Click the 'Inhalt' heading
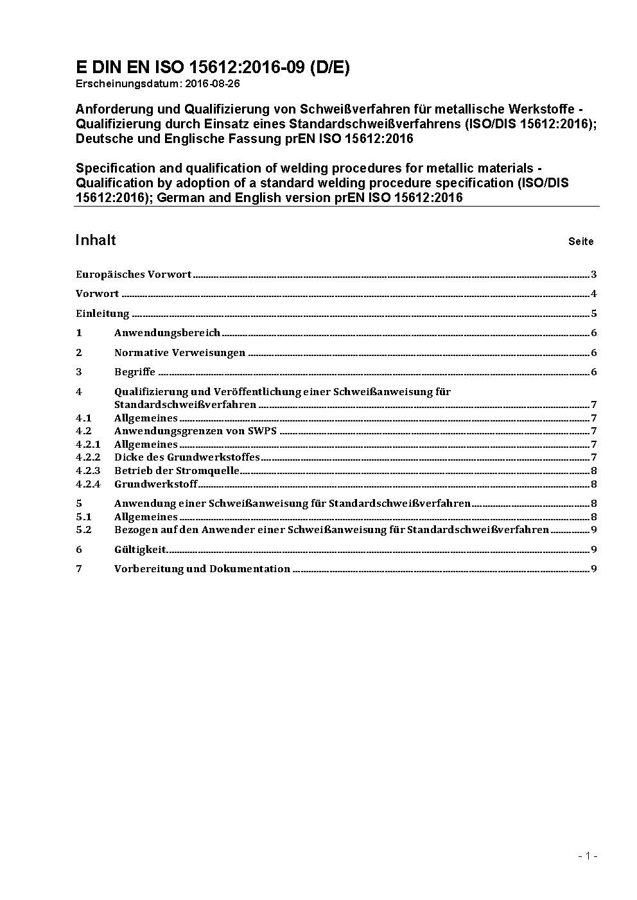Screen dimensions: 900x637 (96, 240)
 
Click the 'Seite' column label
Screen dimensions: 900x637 (580, 242)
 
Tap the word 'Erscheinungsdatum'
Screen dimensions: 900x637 (129, 83)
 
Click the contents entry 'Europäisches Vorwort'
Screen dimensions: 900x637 (134, 275)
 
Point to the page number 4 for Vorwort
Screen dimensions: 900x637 (594, 294)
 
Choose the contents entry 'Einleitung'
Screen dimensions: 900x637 (103, 314)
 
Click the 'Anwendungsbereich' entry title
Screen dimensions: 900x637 (167, 333)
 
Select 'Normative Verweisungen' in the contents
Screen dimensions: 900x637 (180, 353)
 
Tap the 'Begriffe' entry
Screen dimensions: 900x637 (135, 372)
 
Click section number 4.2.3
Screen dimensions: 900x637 (88, 471)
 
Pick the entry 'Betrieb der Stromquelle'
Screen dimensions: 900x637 (177, 471)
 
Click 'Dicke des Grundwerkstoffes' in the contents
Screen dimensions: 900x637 (187, 457)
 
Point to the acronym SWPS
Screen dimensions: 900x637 (262, 431)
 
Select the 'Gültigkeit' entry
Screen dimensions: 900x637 (140, 550)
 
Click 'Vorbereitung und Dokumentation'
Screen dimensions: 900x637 (202, 569)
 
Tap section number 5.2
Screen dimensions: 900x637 (83, 530)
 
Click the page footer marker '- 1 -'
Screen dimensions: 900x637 (588, 856)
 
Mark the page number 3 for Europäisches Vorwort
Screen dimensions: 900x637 (594, 275)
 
